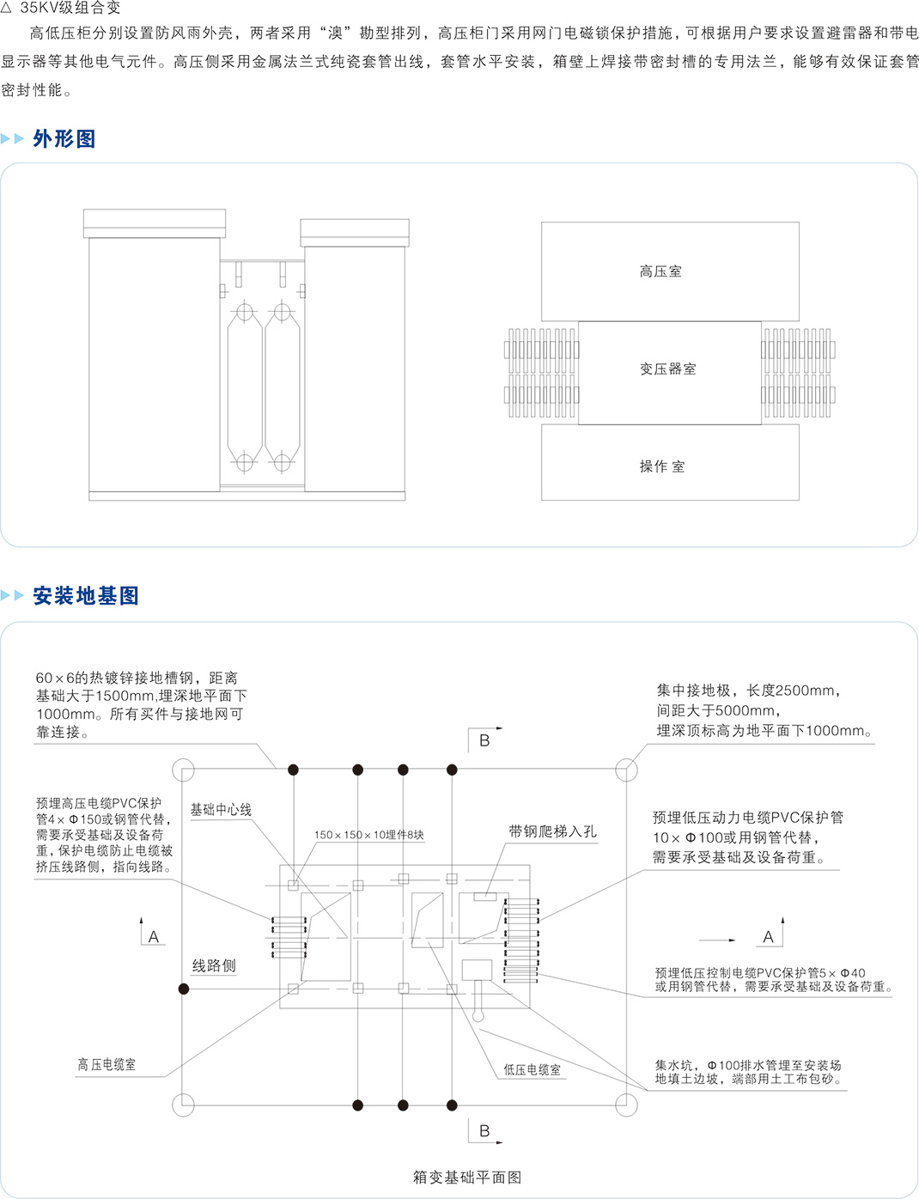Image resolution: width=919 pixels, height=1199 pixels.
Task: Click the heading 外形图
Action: point(64,139)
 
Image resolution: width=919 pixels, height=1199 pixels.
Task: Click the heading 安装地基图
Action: point(86,596)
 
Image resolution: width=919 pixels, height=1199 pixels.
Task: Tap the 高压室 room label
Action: point(660,271)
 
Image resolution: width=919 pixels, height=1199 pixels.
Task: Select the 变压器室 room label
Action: point(668,369)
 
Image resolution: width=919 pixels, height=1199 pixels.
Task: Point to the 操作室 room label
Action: point(662,466)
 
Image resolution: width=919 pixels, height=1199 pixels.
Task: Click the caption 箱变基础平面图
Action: point(467,1178)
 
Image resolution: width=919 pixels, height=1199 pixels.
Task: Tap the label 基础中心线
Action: point(221,810)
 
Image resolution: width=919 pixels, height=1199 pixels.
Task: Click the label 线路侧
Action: point(214,966)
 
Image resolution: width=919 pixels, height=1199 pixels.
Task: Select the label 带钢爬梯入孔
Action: point(552,831)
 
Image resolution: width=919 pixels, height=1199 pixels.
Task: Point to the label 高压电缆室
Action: point(107,1065)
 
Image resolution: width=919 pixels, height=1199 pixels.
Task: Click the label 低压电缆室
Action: point(532,1070)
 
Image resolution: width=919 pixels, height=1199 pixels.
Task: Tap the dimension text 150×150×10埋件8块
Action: point(369,835)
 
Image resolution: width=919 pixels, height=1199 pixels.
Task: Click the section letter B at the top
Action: point(484,740)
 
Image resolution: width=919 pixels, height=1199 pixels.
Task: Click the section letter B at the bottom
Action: point(484,1131)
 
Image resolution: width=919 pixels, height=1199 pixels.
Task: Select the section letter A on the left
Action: point(154,937)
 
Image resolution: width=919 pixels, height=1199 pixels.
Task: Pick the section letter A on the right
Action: point(769,937)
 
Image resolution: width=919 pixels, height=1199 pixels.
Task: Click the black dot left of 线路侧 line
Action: point(184,989)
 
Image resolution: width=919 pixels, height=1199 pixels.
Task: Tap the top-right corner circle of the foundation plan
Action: point(627,770)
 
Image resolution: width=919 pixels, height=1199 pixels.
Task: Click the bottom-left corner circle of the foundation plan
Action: point(184,1105)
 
